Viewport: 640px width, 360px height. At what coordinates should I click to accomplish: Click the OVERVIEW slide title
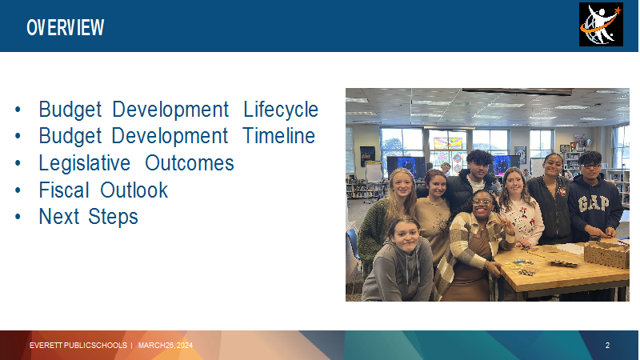tap(66, 28)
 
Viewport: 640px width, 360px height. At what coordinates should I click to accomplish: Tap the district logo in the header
tap(601, 25)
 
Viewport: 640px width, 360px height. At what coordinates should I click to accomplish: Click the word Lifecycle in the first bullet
tap(281, 110)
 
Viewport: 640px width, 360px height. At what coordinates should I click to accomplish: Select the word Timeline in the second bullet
tap(278, 136)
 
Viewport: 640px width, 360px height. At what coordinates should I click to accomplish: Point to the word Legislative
tap(85, 163)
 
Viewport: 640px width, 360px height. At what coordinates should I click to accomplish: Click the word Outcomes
tap(190, 163)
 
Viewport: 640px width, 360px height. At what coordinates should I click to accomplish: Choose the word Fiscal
tap(64, 190)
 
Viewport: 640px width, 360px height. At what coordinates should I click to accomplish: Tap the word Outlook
tap(134, 190)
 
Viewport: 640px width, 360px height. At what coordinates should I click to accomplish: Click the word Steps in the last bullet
tap(113, 217)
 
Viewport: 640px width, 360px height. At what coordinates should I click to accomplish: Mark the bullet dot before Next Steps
tap(18, 217)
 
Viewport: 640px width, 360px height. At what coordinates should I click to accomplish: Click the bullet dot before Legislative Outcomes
tap(18, 163)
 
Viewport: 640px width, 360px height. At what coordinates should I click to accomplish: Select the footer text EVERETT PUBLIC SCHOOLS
tap(78, 346)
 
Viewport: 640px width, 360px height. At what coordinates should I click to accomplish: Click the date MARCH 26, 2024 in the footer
tap(166, 346)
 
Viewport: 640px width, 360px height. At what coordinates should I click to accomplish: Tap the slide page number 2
tap(607, 346)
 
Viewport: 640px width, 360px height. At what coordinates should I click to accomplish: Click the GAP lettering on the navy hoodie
tap(594, 203)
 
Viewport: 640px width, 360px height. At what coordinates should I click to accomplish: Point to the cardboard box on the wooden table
tap(606, 253)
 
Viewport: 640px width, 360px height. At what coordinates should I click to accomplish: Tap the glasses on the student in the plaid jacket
tap(482, 202)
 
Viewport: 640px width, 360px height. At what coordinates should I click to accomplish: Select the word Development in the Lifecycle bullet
tap(170, 110)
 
